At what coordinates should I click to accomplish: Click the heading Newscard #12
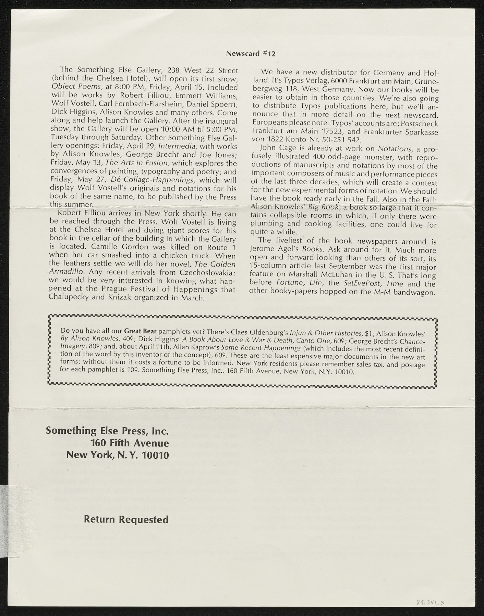(251, 54)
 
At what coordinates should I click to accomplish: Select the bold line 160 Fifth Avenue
(129, 443)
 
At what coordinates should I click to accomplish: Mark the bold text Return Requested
(126, 519)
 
